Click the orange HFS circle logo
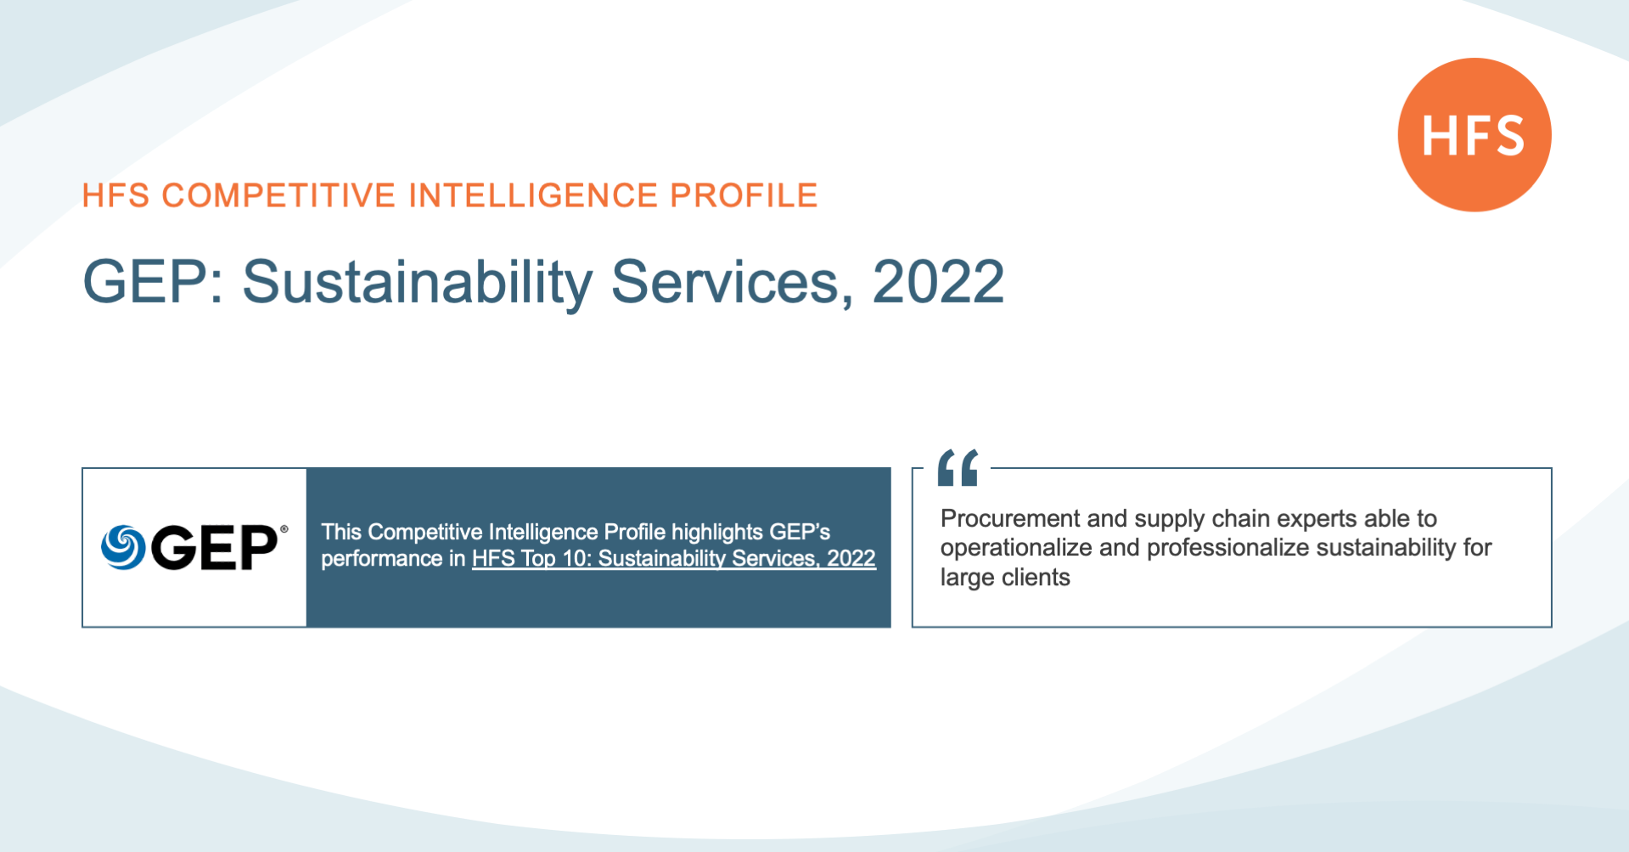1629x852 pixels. pos(1475,134)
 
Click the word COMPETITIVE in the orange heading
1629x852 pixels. pos(278,195)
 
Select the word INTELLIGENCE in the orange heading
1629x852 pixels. pos(533,195)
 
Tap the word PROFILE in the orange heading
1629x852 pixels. pos(744,195)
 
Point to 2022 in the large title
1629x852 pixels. pos(938,282)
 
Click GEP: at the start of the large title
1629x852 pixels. pos(154,282)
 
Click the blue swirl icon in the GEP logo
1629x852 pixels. pos(123,547)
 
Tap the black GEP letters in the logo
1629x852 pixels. pos(214,547)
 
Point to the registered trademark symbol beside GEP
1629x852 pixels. pos(284,529)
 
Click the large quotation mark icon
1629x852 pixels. pos(958,467)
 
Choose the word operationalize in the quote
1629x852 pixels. pos(1016,548)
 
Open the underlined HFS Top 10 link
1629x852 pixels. pos(674,558)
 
